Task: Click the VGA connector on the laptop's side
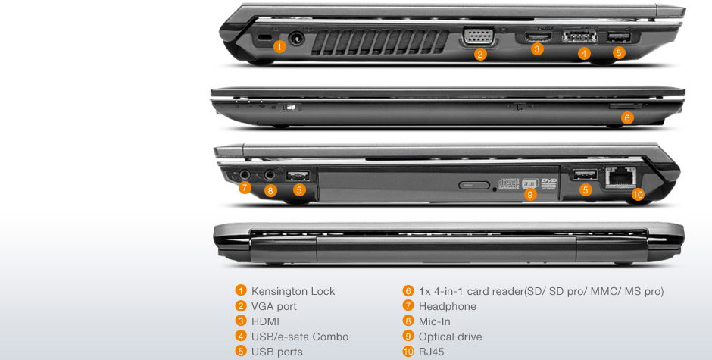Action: click(479, 37)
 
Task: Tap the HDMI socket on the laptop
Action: click(539, 36)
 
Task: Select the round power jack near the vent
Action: click(296, 38)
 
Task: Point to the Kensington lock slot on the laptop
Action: click(261, 38)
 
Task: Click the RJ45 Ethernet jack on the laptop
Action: click(620, 177)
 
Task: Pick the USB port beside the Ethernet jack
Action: click(585, 174)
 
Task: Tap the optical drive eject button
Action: click(474, 185)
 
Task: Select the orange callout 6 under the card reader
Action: click(627, 118)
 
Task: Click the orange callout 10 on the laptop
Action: click(638, 195)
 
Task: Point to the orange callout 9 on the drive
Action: click(529, 195)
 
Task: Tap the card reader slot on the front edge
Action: click(625, 106)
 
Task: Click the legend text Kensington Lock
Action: click(293, 291)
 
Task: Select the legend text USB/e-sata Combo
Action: click(300, 337)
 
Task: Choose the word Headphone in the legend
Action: click(447, 306)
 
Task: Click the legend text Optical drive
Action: click(450, 337)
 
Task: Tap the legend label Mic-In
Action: click(435, 321)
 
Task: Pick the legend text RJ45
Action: click(432, 352)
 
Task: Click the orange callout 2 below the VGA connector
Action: click(480, 55)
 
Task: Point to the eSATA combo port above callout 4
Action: click(579, 37)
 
